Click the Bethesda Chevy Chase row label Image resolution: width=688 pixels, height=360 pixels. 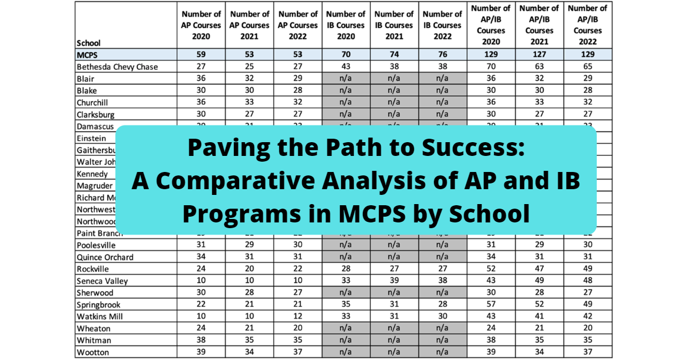tap(117, 66)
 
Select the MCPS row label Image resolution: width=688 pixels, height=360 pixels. tap(88, 55)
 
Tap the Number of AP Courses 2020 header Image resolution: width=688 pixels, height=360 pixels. tap(201, 25)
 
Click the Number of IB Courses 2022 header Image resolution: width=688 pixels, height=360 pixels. tap(441, 25)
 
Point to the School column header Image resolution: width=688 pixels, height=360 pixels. tap(88, 42)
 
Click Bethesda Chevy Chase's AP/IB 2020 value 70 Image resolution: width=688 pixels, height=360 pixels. tap(490, 66)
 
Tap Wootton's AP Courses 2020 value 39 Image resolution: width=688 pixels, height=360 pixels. tap(201, 352)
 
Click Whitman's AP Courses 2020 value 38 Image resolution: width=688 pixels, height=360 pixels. tap(201, 341)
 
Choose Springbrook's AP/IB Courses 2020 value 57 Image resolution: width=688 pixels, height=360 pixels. tap(490, 304)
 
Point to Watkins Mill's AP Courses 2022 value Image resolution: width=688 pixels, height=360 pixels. tap(297, 316)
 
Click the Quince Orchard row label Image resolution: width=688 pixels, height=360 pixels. tap(105, 257)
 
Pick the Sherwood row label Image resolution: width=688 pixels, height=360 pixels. tap(95, 293)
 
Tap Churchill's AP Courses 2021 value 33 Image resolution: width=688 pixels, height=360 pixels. tap(249, 103)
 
